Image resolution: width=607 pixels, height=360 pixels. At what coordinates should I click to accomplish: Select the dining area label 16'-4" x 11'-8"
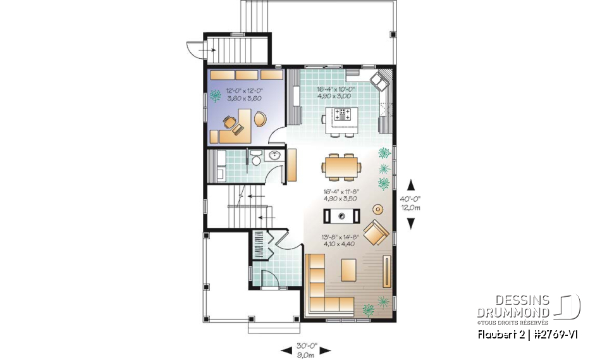[x=340, y=190]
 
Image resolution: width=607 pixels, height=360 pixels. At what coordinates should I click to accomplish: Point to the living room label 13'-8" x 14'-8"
[x=341, y=239]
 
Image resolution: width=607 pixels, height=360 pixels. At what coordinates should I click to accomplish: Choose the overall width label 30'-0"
[x=306, y=346]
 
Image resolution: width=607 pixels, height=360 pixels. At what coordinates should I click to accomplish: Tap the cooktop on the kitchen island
[x=345, y=115]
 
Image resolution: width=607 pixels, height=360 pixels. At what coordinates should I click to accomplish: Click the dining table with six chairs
[x=341, y=166]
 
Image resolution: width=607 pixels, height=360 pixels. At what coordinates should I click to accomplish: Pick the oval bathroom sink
[x=275, y=156]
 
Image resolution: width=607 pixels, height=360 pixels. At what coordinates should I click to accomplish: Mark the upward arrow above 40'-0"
[x=411, y=185]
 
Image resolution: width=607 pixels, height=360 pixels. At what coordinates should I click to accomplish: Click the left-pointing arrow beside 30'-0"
[x=285, y=350]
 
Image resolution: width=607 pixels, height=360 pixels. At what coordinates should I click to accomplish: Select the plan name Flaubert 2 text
[x=499, y=333]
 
